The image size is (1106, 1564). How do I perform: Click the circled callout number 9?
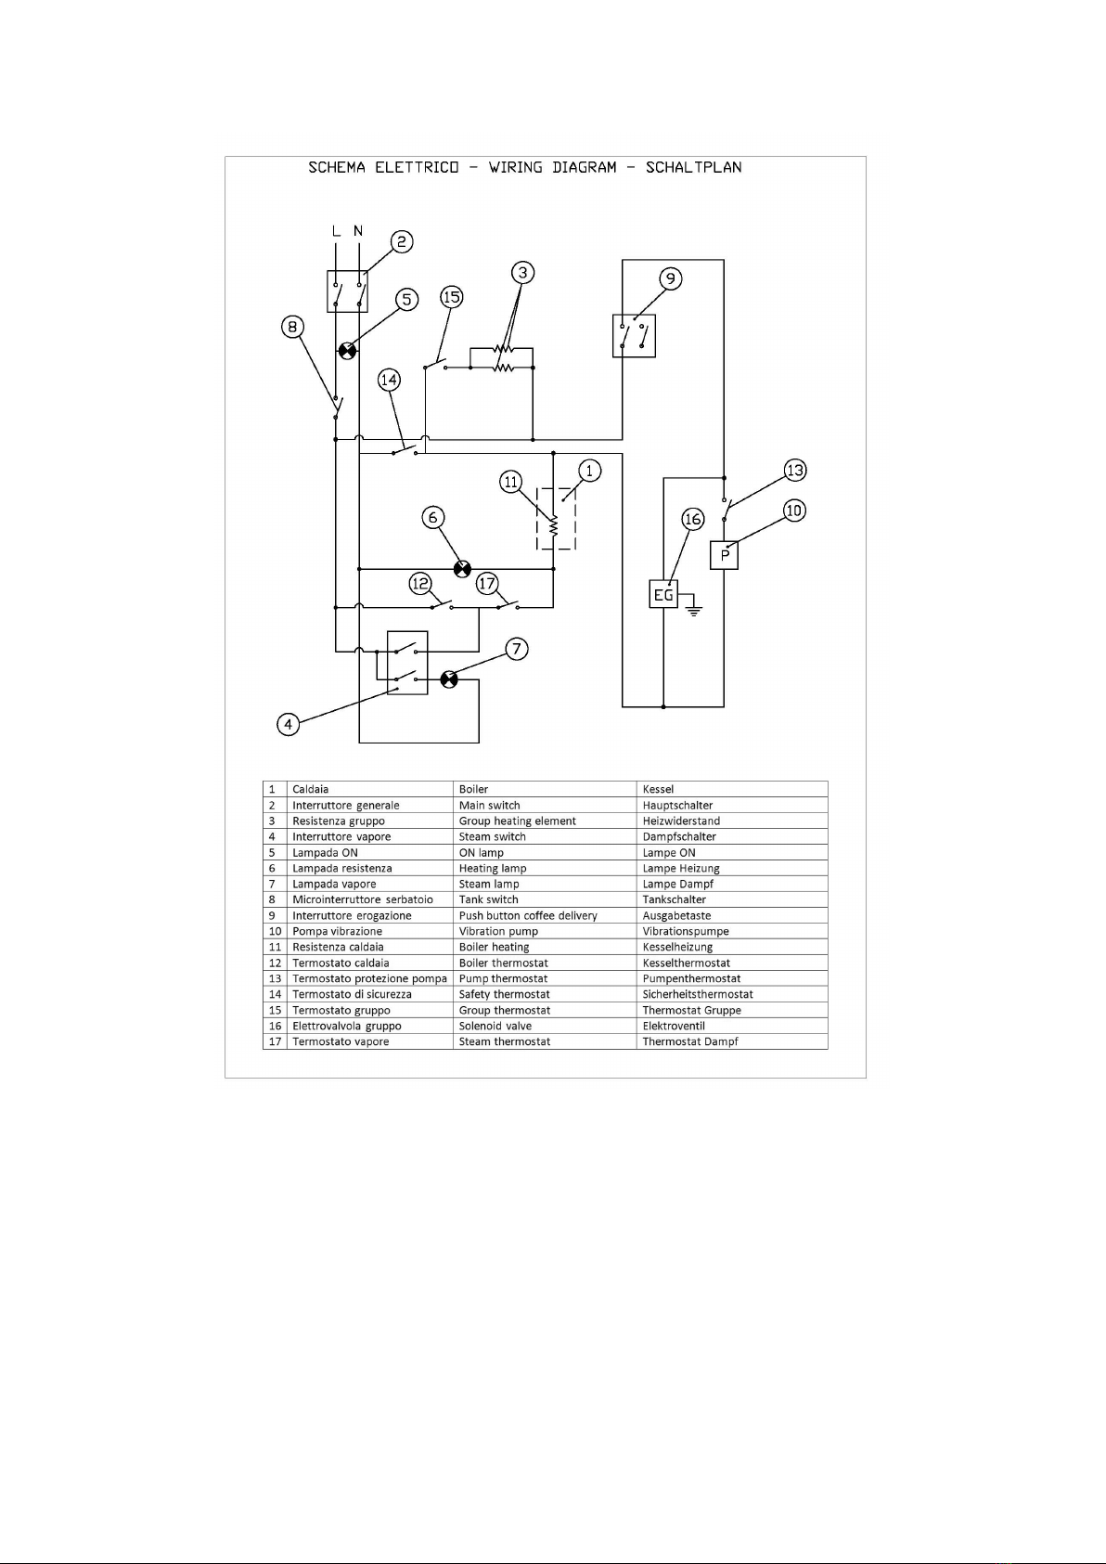tap(670, 278)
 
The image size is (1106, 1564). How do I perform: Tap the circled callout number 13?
tap(795, 470)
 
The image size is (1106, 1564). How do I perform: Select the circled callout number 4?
tap(289, 724)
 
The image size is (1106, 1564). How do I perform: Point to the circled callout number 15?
tap(452, 297)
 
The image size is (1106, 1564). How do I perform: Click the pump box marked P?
tap(725, 555)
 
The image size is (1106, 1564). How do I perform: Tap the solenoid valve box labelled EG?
tap(663, 594)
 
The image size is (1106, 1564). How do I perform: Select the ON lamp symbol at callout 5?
tap(348, 351)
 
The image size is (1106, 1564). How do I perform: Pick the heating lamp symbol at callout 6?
tap(462, 569)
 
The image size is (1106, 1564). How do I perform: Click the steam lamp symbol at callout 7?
tap(449, 679)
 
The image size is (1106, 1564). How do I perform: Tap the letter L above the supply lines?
tap(336, 230)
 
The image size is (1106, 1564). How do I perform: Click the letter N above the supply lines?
tap(358, 230)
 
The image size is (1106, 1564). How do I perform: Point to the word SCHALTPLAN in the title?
tap(694, 168)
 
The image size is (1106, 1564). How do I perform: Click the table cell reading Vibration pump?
tap(498, 931)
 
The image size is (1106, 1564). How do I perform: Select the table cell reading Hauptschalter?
tap(677, 805)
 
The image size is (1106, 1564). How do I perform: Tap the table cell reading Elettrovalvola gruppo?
tap(347, 1026)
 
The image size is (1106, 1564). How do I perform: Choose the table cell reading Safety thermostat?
tap(504, 993)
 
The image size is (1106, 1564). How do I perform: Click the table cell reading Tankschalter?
tap(674, 899)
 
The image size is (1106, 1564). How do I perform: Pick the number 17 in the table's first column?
tap(275, 1041)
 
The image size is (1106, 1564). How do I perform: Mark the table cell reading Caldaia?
tap(310, 789)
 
